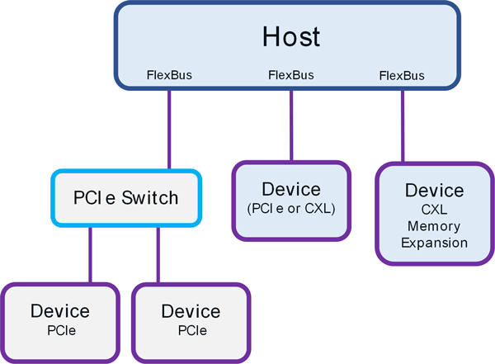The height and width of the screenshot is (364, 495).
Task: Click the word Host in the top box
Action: (290, 37)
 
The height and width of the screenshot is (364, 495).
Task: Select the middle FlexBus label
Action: (290, 76)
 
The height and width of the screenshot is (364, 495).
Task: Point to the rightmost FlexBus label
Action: (402, 76)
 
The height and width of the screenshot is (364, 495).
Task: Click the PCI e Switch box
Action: (126, 199)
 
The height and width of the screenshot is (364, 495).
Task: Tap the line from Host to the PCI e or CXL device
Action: (290, 124)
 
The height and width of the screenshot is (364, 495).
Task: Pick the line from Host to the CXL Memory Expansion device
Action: (403, 124)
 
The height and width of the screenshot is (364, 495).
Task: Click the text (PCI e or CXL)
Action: (290, 209)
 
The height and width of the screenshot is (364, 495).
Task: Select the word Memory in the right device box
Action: (434, 225)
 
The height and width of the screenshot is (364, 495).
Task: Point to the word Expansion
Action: (434, 243)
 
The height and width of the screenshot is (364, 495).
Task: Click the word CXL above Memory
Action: (434, 209)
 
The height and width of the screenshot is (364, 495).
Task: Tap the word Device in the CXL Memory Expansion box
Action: (434, 191)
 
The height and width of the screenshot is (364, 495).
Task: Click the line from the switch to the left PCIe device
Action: (91, 256)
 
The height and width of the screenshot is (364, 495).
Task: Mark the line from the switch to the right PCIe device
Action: (158, 256)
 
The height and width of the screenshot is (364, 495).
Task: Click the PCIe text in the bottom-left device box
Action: (60, 330)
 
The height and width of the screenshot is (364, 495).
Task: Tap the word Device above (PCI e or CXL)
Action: (290, 189)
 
